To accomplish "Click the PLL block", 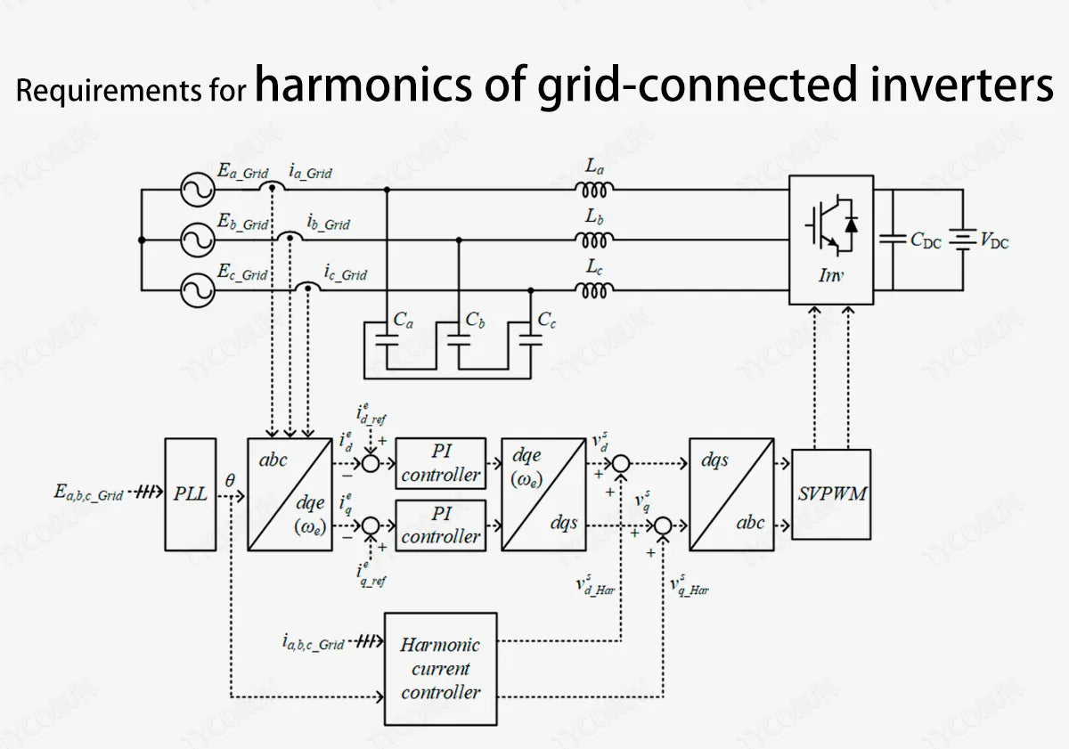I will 190,493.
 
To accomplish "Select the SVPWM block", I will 830,493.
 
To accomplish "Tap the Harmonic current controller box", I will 440,668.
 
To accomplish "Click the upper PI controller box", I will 440,463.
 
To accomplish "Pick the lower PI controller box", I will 440,525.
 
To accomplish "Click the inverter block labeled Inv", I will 830,239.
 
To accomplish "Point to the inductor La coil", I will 594,189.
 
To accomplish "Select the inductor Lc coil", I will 594,290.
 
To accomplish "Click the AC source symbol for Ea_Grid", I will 193,189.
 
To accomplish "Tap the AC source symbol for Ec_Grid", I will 193,290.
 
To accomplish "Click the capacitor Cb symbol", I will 458,339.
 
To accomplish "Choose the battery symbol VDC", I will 962,239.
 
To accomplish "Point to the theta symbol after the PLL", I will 230,480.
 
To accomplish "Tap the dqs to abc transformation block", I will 730,493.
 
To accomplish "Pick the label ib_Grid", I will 328,224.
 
